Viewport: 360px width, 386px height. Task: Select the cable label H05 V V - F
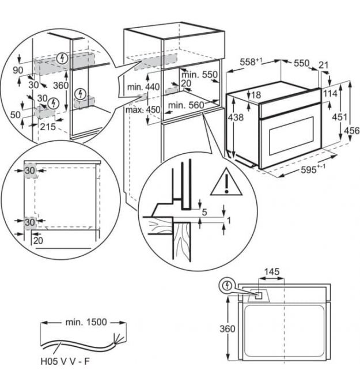(65, 361)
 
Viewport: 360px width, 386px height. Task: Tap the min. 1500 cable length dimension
(86, 322)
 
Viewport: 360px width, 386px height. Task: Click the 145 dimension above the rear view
(272, 272)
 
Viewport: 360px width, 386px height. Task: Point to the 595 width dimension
(309, 169)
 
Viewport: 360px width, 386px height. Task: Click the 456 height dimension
(352, 130)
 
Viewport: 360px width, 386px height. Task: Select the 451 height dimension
(340, 117)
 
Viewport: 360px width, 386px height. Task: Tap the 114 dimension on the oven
(330, 93)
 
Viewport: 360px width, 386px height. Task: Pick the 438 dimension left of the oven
(236, 118)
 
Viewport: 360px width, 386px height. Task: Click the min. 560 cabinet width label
(186, 105)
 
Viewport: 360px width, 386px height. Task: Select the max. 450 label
(143, 109)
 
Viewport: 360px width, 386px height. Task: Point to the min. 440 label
(143, 87)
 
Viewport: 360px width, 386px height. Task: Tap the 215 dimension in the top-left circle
(48, 127)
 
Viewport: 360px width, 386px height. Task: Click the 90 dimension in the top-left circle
(18, 70)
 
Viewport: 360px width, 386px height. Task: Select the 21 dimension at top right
(323, 65)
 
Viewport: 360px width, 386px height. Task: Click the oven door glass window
(291, 136)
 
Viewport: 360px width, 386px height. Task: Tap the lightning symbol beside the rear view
(227, 286)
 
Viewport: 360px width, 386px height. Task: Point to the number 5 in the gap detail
(204, 212)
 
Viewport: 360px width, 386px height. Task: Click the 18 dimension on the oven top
(256, 95)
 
